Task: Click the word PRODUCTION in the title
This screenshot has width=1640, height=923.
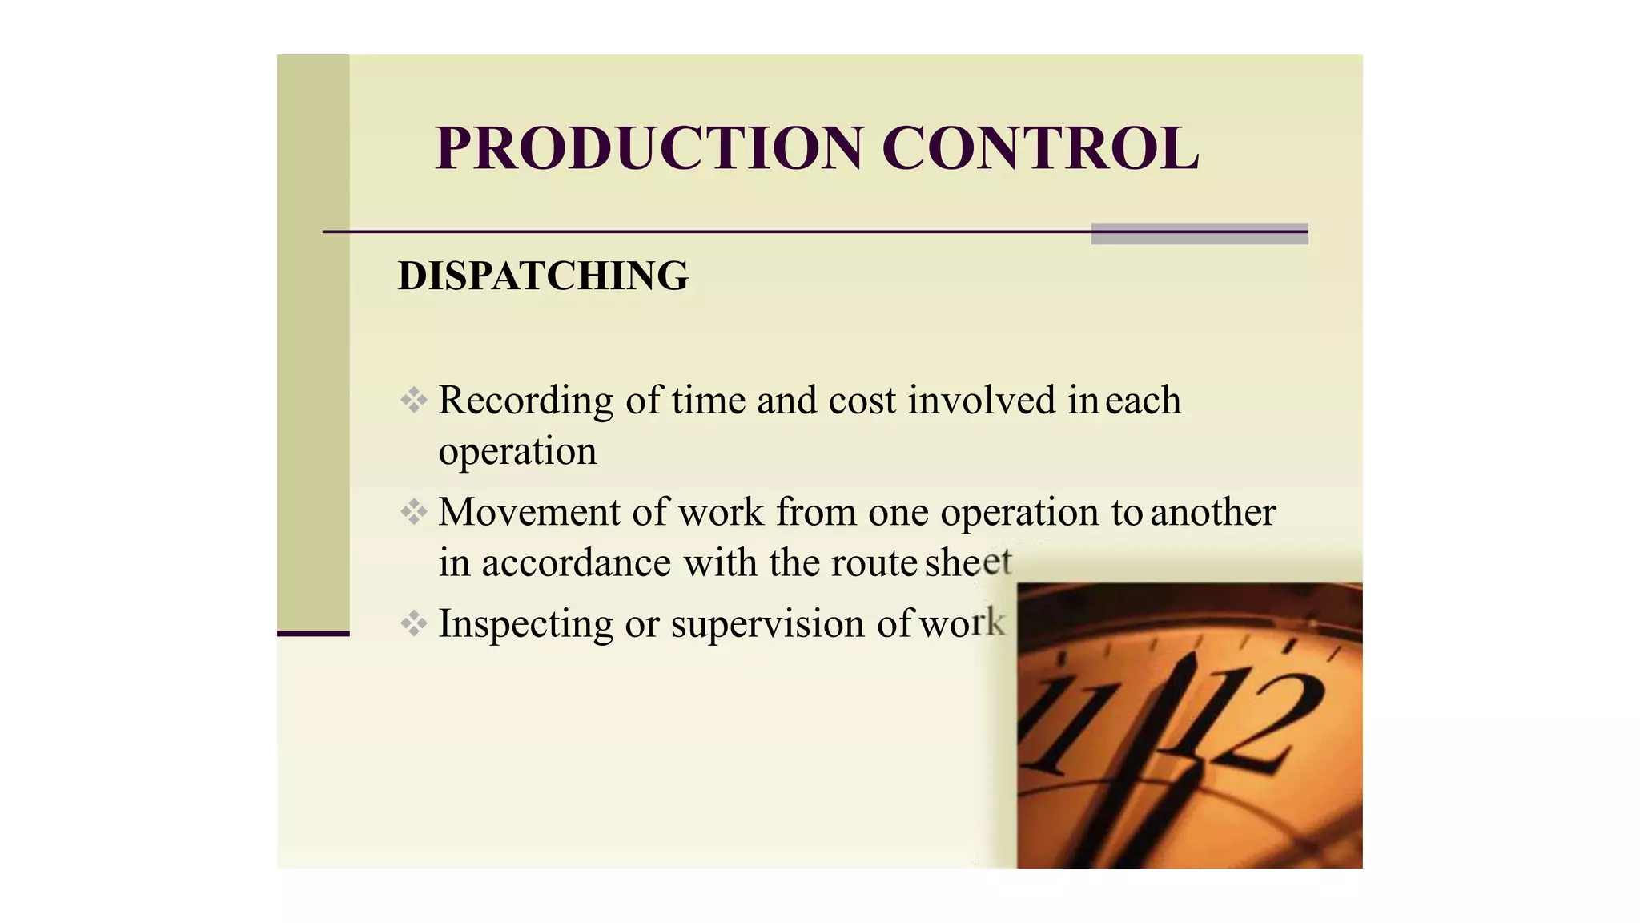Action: (x=649, y=149)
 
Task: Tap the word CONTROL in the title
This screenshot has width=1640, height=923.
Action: (x=1040, y=149)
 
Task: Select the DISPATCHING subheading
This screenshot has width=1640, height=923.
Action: (x=543, y=276)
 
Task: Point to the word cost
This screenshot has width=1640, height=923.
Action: (x=862, y=401)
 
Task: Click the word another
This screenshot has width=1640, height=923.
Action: (x=1212, y=512)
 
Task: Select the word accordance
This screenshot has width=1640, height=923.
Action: (x=576, y=562)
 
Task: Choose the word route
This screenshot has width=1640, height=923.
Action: (x=874, y=562)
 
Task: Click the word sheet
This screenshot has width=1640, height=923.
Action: (x=968, y=562)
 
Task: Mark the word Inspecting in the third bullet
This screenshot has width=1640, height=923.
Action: (x=525, y=624)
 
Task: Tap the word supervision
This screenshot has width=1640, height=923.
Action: (x=768, y=624)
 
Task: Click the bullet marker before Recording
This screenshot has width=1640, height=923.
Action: (x=414, y=400)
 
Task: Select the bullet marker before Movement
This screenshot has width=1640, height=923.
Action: (x=414, y=511)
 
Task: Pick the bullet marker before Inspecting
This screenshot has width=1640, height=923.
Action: (x=414, y=623)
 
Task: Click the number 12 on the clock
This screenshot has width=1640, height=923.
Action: (x=1265, y=721)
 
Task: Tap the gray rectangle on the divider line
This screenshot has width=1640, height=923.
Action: (x=1199, y=233)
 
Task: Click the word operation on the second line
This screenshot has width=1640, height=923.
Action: (x=517, y=452)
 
